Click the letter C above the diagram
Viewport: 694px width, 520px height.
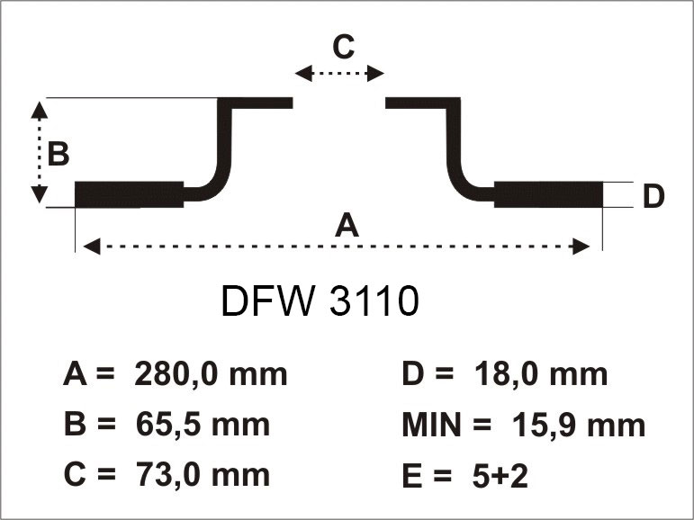point(342,46)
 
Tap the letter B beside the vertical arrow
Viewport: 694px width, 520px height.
point(58,154)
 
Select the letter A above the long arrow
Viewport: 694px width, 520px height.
point(347,225)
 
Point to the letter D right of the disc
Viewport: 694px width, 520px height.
point(653,195)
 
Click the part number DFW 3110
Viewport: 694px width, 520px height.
point(320,303)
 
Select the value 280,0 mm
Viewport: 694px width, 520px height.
point(210,373)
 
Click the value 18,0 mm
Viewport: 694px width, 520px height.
point(540,373)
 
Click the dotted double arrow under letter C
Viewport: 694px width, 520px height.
point(340,74)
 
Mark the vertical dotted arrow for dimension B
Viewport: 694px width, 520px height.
point(39,152)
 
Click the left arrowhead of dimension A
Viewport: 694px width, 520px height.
point(88,246)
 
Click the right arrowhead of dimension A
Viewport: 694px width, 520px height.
point(583,246)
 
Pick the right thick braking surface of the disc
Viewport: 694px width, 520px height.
point(548,194)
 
